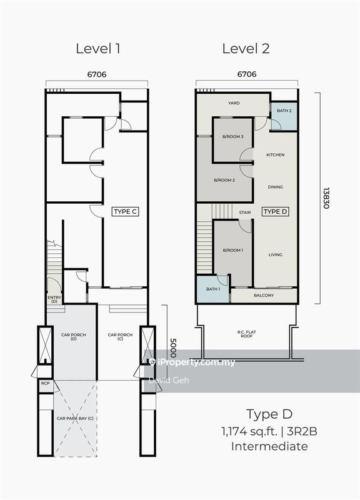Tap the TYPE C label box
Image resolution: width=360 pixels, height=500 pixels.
[125, 212]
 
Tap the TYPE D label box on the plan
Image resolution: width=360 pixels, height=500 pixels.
[275, 212]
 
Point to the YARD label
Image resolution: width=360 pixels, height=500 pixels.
[234, 103]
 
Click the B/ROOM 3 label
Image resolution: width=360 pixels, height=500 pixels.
[232, 136]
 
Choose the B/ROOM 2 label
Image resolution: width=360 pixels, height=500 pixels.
[224, 180]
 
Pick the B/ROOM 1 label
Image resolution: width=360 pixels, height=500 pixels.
[232, 250]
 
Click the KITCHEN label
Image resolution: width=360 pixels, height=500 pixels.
[276, 154]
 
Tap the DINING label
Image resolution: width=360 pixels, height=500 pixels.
[276, 187]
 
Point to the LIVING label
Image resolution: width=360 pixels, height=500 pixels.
[276, 254]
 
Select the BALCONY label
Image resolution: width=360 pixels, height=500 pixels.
[264, 295]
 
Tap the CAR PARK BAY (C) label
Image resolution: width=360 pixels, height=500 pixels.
[75, 418]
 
